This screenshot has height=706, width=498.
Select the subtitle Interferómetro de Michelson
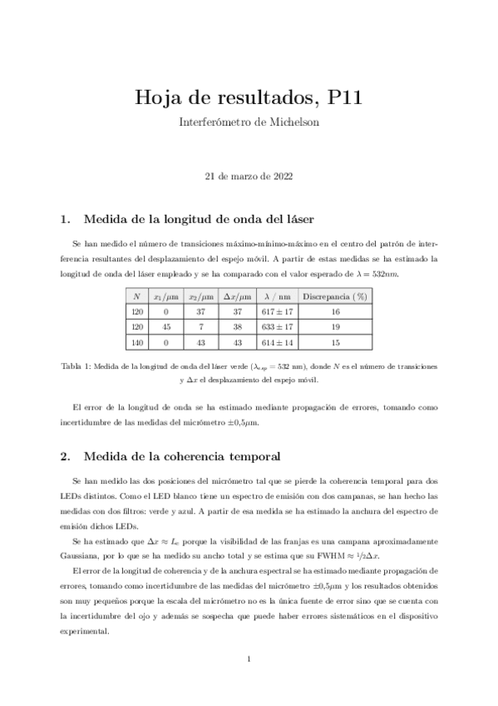click(x=249, y=122)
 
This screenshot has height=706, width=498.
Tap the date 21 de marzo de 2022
click(x=249, y=176)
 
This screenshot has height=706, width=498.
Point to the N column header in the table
click(x=136, y=296)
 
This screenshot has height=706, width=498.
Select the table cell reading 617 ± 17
click(x=275, y=311)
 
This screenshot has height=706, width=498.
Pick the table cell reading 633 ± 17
click(x=275, y=327)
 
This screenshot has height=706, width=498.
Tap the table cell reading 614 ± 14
click(x=275, y=343)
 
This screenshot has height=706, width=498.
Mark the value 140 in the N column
click(x=136, y=343)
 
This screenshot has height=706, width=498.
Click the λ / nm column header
click(x=275, y=296)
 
